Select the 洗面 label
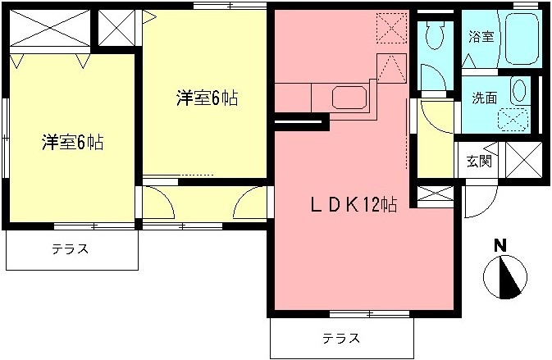[483, 98]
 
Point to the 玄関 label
[479, 161]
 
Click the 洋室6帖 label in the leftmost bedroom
[72, 142]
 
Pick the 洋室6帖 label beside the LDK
[208, 98]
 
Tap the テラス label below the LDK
[339, 337]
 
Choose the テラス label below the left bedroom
[71, 248]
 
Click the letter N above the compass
[500, 244]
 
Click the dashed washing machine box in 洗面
[514, 118]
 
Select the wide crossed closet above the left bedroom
[48, 30]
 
